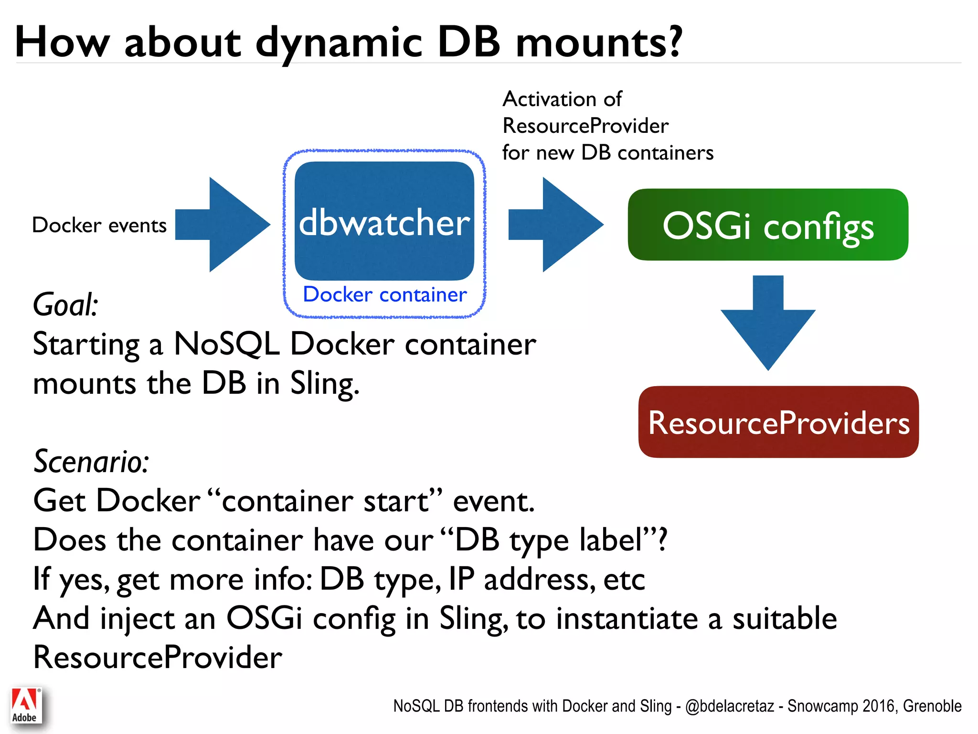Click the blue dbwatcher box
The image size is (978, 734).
click(384, 221)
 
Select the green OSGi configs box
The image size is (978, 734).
click(768, 225)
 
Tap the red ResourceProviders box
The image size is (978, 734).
click(778, 422)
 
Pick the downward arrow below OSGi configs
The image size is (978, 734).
click(768, 325)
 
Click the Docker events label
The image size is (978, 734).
click(99, 225)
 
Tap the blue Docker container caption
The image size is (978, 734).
click(384, 294)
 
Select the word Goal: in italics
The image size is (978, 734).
click(65, 305)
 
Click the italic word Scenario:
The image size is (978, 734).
click(91, 462)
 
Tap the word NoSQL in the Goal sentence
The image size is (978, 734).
click(226, 344)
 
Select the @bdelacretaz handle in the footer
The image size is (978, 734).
click(729, 706)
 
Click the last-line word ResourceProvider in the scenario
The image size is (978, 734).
click(158, 658)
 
